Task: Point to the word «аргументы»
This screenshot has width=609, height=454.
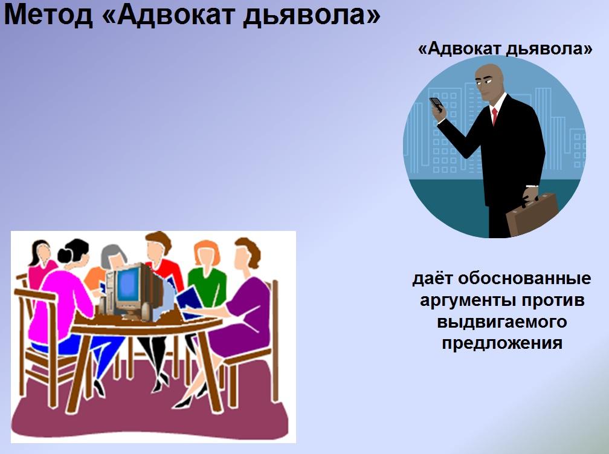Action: click(468, 300)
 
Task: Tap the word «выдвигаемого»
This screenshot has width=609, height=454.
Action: click(502, 322)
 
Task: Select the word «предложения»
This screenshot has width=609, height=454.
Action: click(502, 343)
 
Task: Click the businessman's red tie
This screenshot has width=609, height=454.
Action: click(494, 116)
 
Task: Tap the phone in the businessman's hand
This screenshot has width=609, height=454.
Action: click(436, 105)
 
